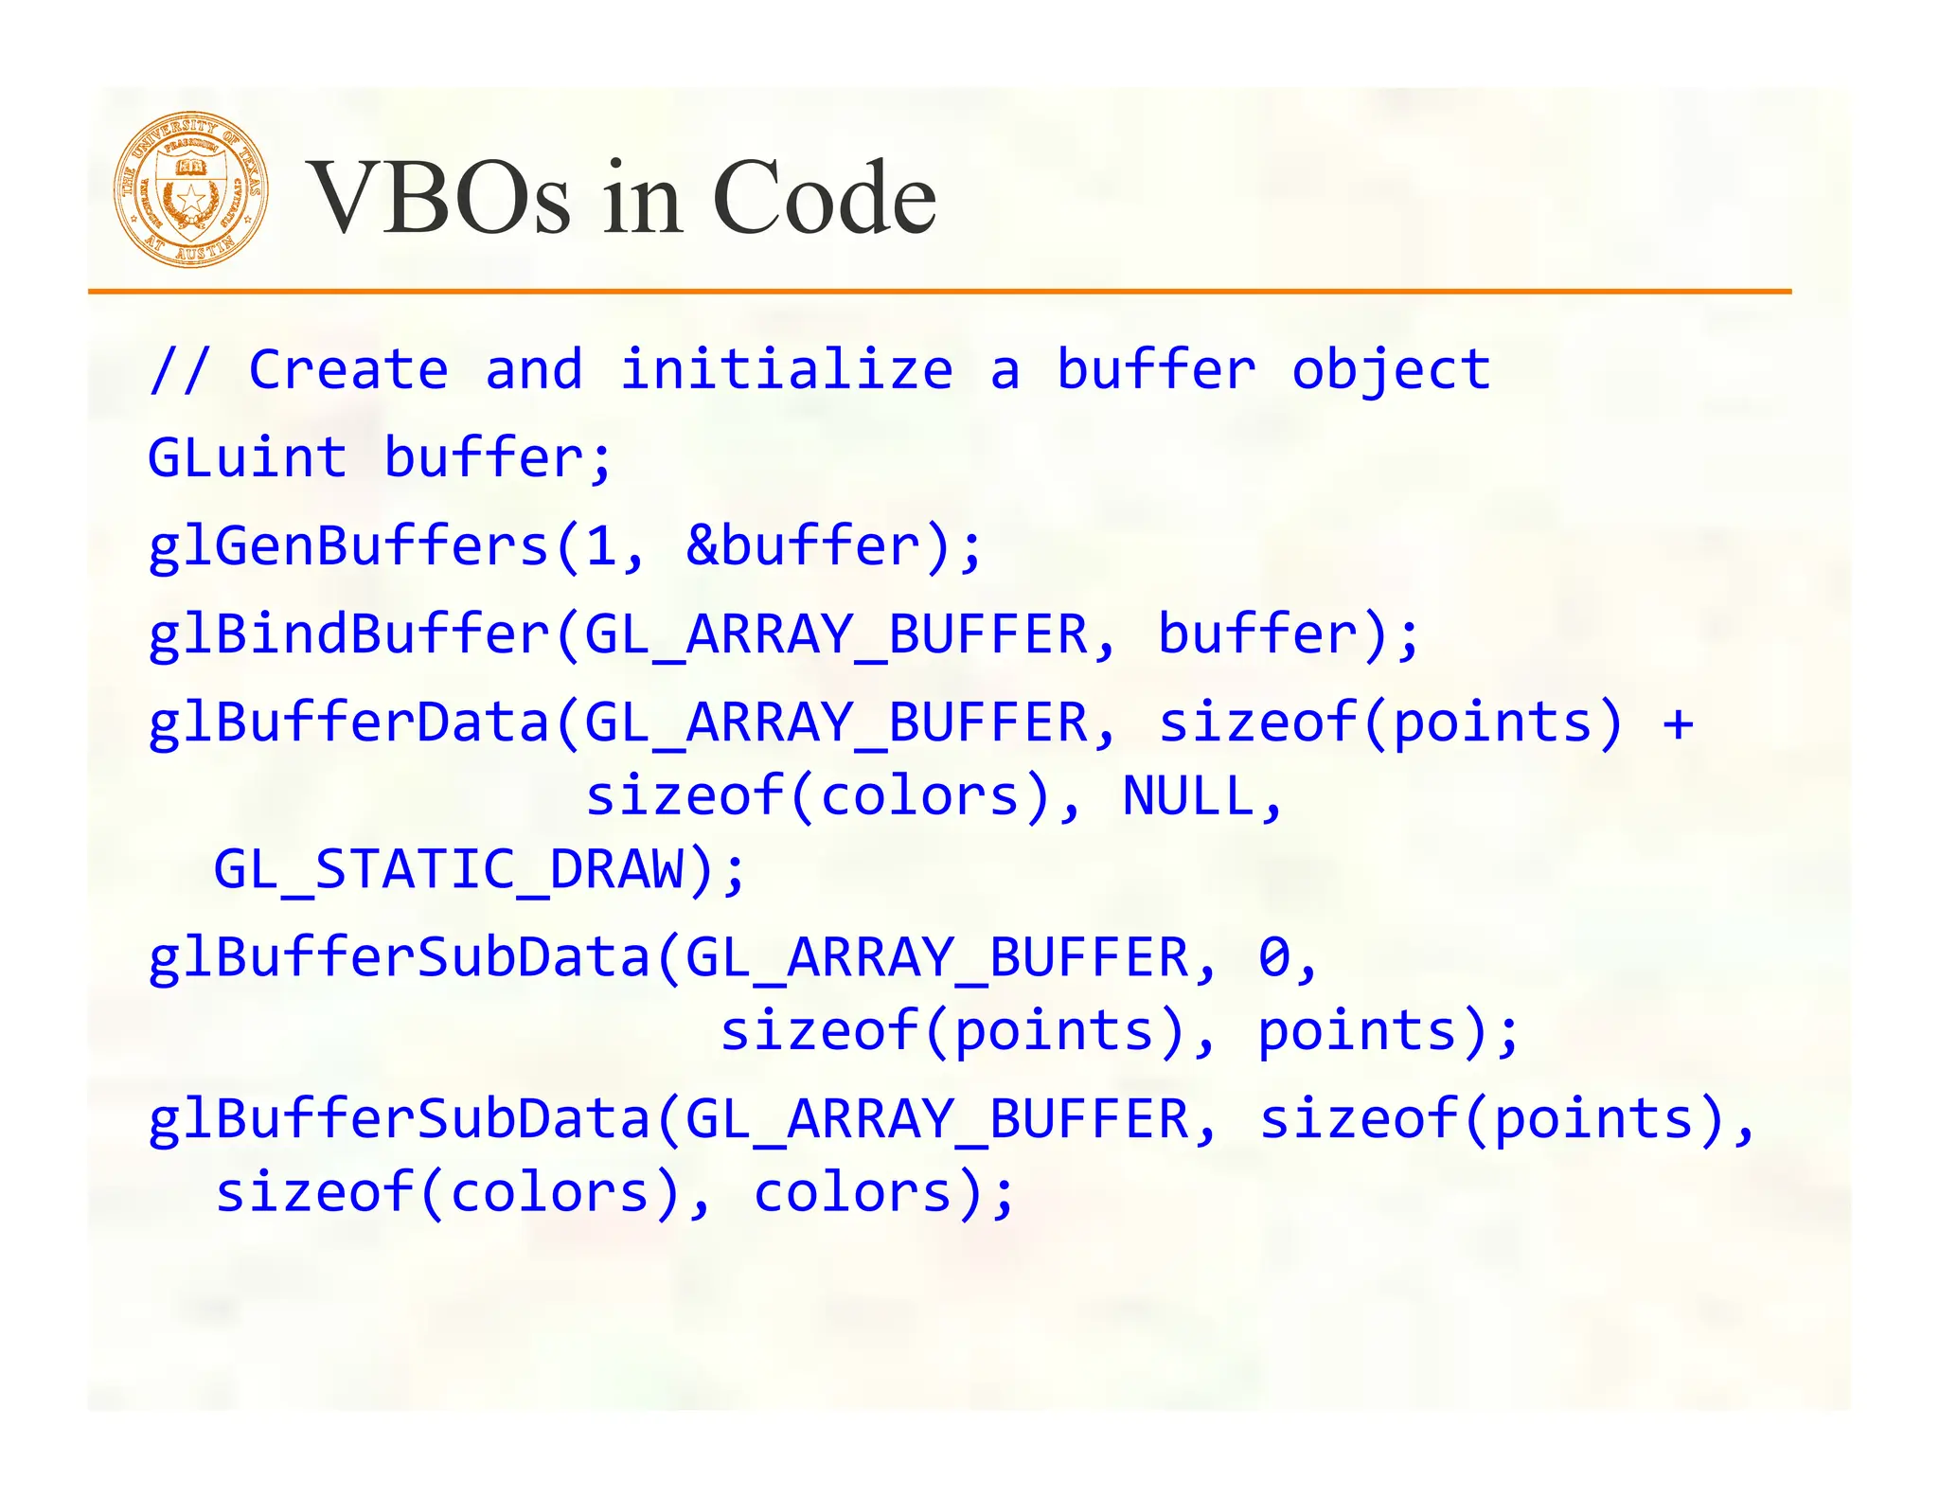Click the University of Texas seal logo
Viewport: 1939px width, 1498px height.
tap(191, 189)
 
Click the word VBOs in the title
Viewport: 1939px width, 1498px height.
tap(440, 199)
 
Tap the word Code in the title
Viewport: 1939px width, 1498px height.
tap(824, 199)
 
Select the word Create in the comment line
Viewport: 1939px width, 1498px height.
tap(348, 369)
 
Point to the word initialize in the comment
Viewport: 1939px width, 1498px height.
tap(786, 369)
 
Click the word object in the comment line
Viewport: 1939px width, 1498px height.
tap(1391, 369)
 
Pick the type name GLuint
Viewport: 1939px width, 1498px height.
tap(247, 458)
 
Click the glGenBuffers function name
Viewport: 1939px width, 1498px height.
tap(348, 546)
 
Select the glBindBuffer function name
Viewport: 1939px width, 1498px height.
tap(348, 634)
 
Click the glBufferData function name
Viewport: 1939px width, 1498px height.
tap(348, 722)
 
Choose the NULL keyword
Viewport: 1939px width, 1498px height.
tap(1188, 796)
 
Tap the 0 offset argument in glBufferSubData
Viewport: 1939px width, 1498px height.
tap(1273, 957)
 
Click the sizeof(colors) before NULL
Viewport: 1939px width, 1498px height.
tap(819, 796)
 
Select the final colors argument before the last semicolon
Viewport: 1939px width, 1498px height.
tap(852, 1192)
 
